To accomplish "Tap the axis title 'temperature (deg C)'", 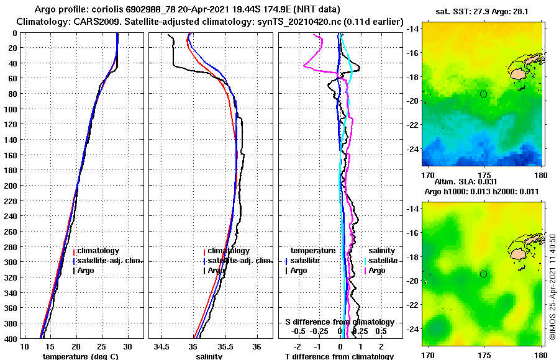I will (77, 356).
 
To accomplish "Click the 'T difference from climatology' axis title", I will (339, 356).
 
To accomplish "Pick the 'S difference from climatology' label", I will (339, 322).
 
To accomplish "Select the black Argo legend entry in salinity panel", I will (216, 271).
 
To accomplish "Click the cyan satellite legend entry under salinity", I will (383, 261).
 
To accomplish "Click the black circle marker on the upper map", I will (483, 94).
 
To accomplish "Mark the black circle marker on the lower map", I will (483, 274).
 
